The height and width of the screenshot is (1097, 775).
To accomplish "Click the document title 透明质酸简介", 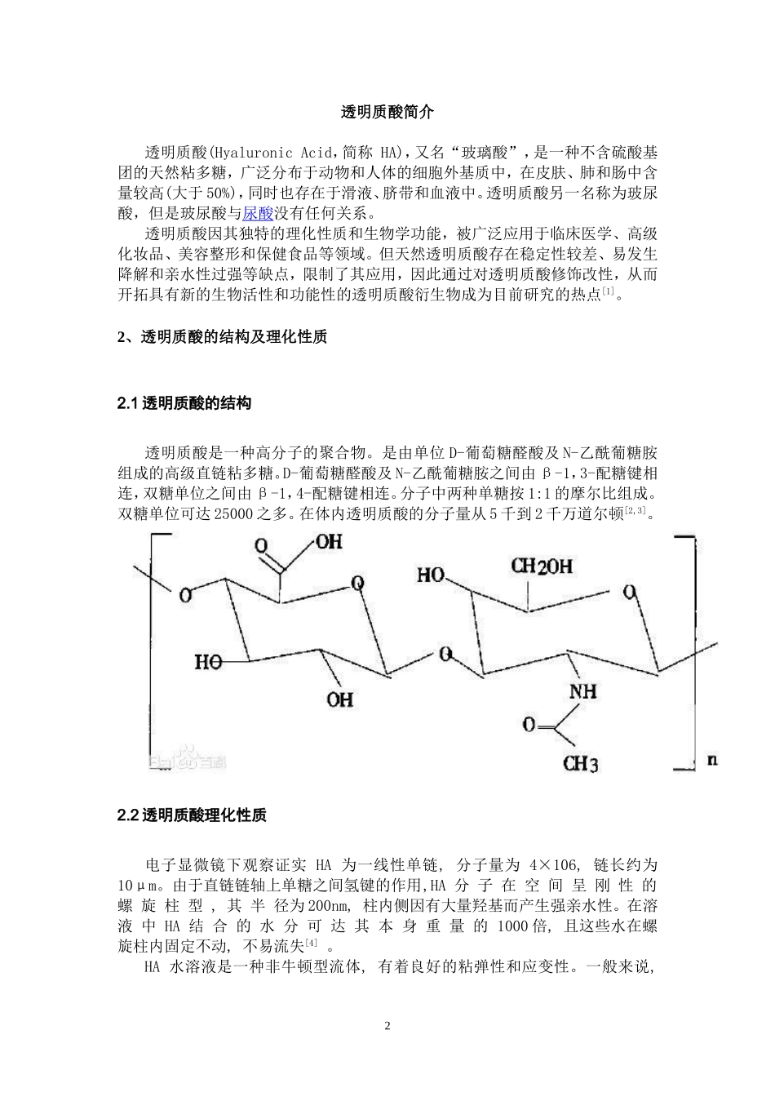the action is tap(387, 113).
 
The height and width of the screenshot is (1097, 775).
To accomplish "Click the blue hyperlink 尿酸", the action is tap(259, 214).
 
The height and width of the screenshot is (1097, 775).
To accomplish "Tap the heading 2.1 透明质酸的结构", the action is tap(184, 403).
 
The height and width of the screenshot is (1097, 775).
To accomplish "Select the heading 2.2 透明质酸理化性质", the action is tap(192, 815).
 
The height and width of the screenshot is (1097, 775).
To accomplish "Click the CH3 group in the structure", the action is tap(580, 764).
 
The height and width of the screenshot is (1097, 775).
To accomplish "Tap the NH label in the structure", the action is tap(582, 691).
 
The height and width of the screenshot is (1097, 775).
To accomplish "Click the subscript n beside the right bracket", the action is tap(712, 760).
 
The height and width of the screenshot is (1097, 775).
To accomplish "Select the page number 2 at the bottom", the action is tap(387, 1026).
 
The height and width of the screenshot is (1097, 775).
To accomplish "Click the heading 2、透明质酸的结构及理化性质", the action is tap(222, 337).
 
